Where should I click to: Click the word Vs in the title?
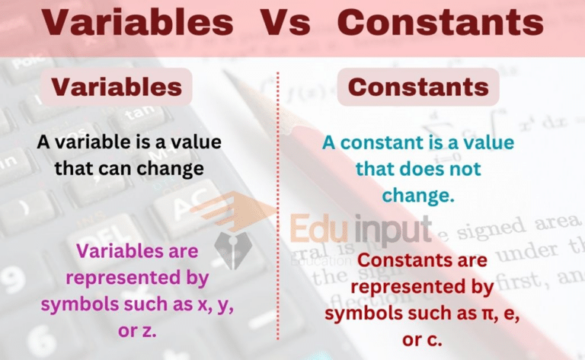[x=286, y=22]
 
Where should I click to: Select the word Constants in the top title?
[x=440, y=22]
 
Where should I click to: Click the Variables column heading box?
[x=117, y=87]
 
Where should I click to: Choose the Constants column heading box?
[x=418, y=87]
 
